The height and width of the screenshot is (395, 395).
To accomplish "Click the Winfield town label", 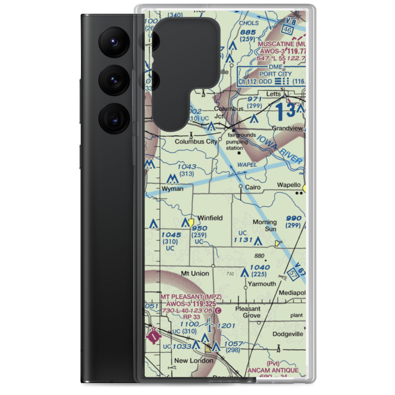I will click(210, 218).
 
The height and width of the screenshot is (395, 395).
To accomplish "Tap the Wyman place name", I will click(173, 189).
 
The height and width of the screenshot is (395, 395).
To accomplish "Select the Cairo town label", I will click(253, 187).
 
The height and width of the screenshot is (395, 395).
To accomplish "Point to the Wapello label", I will click(289, 185).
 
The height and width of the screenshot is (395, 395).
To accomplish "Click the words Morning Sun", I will click(265, 226).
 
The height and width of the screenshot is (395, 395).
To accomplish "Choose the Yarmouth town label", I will click(261, 284).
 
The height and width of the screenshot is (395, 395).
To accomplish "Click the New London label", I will click(194, 361).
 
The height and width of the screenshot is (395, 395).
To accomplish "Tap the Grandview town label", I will click(287, 129).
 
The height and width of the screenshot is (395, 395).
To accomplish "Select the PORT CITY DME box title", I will click(275, 74).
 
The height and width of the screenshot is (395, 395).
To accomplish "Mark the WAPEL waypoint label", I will click(247, 164).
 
